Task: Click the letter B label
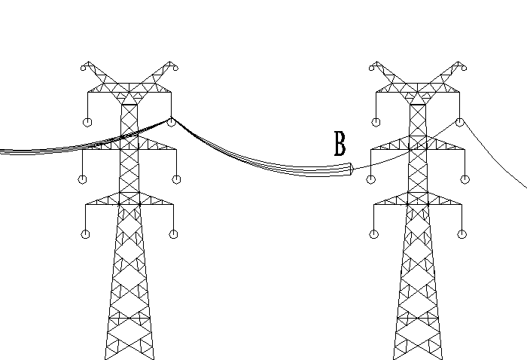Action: coord(340,144)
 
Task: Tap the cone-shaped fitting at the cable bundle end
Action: coord(352,169)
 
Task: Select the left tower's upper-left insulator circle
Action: coord(87,122)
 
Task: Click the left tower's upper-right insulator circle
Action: coord(171,122)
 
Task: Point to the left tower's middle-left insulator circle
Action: coord(82,179)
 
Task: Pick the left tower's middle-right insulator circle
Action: coord(176,179)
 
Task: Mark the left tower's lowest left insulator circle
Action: coord(86,234)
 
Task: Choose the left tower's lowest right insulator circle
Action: coord(173,234)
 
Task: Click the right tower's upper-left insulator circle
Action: coord(376,122)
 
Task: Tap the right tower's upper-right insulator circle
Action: coord(460,122)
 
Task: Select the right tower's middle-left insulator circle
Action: coord(370,179)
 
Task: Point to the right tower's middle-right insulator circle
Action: coord(465,179)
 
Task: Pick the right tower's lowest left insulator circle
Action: coord(374,234)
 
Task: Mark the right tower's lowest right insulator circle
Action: coord(462,234)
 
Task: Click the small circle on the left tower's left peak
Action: coord(83,69)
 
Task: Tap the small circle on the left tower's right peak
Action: coord(175,69)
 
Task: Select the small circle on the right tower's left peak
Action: coord(371,69)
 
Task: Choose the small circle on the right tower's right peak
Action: coord(465,69)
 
